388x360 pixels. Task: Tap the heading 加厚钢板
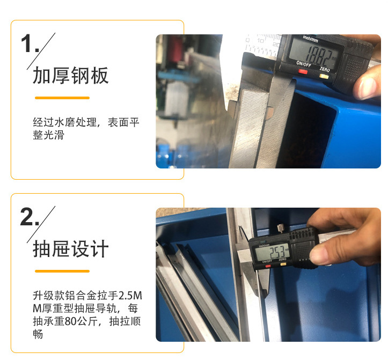click(x=70, y=76)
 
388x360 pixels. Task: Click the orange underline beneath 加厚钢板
click(x=62, y=98)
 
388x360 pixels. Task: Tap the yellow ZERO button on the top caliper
click(x=324, y=76)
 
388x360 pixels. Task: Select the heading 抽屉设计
click(x=70, y=249)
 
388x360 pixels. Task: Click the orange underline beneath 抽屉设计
click(x=62, y=271)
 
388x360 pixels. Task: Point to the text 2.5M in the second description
click(x=129, y=296)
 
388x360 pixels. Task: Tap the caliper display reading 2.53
click(x=272, y=251)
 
